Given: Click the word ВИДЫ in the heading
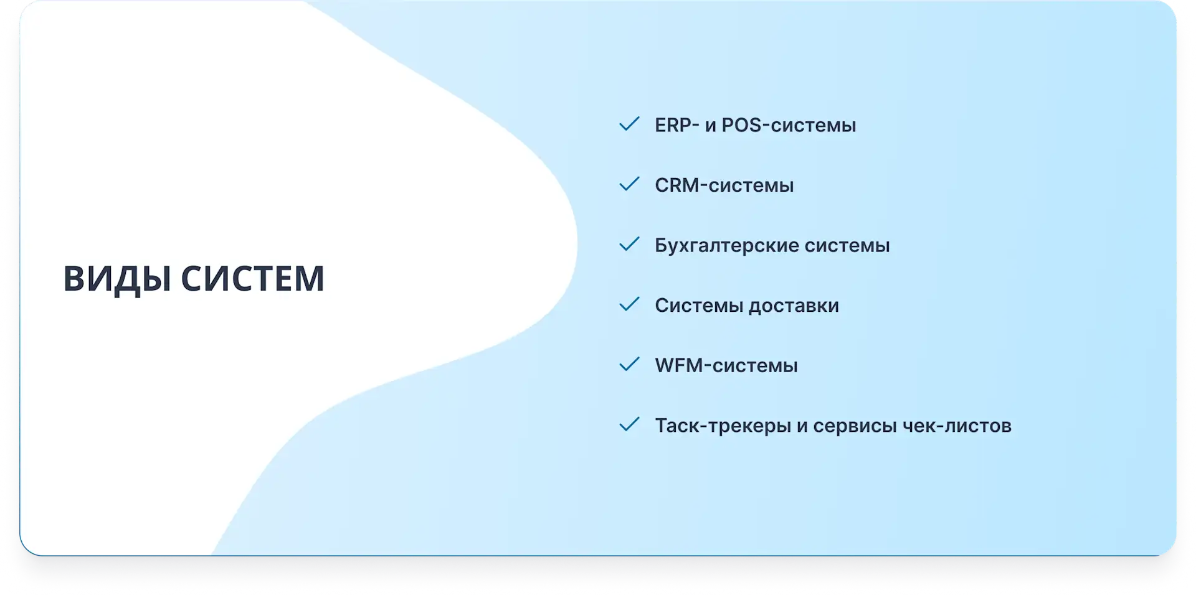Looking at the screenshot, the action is pos(117,279).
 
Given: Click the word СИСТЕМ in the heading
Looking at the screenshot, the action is pos(253,278).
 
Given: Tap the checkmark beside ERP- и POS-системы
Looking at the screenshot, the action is pos(629,124).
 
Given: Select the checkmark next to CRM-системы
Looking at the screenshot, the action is pos(629,184).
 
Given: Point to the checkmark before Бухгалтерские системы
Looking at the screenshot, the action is pos(629,244).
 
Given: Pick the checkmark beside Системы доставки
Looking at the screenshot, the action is pos(629,304).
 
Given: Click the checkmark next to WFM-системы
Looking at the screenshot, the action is pos(629,364).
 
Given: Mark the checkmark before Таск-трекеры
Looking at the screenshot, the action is pos(629,424).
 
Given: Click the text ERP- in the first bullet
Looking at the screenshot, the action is pos(677,125).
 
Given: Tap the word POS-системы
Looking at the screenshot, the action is pos(789,125).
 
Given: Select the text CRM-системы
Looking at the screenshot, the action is pos(724,185).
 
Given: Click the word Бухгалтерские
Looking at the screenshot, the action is pos(726,246).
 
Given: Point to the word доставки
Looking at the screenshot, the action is pos(794,306).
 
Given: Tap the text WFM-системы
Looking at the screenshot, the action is pos(726,365).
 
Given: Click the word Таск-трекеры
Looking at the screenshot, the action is pos(723,426).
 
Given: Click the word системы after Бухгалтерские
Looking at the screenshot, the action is pos(847,246).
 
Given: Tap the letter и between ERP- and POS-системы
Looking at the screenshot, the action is pos(711,126).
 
